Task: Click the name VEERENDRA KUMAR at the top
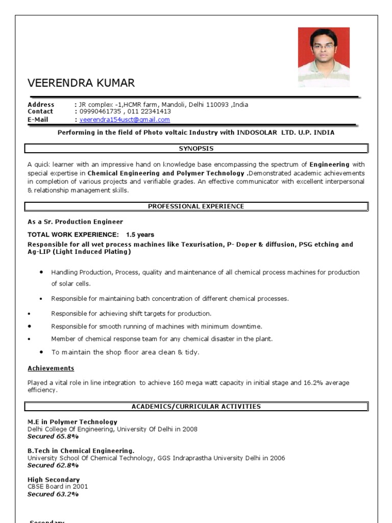81,83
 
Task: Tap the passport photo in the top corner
324,57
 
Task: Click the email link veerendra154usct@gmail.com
125,120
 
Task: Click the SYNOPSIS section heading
196,149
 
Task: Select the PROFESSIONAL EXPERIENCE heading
196,206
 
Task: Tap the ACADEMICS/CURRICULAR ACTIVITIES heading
196,407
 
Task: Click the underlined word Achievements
51,368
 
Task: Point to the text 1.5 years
140,235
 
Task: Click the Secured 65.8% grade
53,437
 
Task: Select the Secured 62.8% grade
53,465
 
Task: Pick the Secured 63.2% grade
53,494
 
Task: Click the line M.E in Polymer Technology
72,422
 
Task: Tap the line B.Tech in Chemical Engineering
81,451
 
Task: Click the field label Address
41,105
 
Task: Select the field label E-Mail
38,120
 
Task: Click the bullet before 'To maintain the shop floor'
41,352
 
